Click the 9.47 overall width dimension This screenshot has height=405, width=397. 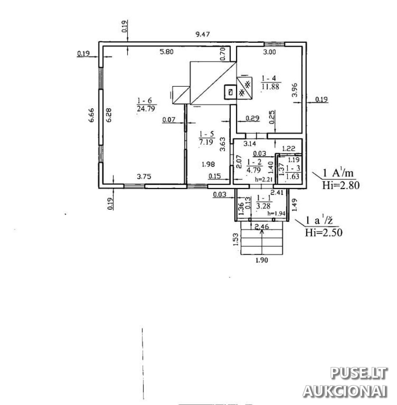pos(202,34)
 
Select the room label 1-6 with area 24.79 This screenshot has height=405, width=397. pos(146,104)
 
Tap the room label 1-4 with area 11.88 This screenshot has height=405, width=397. pos(270,82)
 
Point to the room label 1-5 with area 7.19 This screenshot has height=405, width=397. pos(206,138)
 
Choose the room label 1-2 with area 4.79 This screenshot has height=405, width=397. pos(254,166)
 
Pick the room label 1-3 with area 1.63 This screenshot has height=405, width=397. pos(293,172)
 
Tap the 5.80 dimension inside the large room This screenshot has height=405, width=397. pos(167,52)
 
